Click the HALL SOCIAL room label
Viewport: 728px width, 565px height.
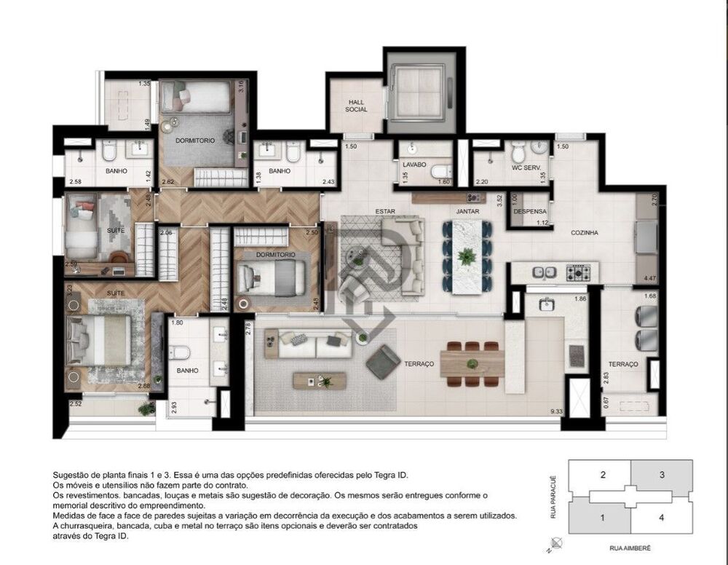coord(356,106)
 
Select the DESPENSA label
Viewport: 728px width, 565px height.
coord(529,211)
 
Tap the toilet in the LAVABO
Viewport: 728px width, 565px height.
coord(440,172)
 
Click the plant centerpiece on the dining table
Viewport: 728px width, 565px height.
coord(466,256)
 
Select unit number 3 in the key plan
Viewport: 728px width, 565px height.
coord(661,475)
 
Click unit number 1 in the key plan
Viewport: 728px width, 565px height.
coord(603,518)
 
